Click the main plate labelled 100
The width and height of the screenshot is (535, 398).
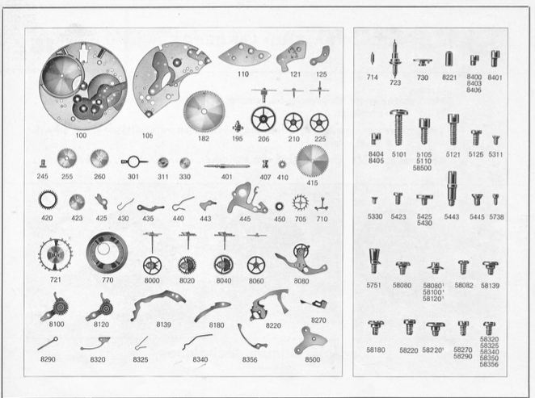coord(83,86)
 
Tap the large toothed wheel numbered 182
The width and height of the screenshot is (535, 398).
coord(204,111)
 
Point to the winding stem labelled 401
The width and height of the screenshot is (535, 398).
coord(227,166)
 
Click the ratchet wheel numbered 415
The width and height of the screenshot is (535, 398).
coord(312,161)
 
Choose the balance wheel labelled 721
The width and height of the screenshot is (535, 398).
coord(55,255)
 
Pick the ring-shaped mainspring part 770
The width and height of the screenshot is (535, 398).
coord(107,253)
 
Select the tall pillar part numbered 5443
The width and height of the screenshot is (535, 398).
coord(452,188)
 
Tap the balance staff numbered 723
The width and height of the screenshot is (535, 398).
coord(394,58)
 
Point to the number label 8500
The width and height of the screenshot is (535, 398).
coord(313,359)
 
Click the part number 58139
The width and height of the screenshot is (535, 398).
coord(490,286)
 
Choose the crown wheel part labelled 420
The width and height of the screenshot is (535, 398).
coord(48,199)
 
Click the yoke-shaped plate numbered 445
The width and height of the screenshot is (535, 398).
coord(246,199)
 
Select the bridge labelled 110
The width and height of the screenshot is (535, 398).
coord(244,56)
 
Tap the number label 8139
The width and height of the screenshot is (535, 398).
coord(163,325)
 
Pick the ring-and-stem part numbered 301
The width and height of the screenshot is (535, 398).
coord(133,161)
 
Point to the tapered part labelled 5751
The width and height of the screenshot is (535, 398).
coord(374,261)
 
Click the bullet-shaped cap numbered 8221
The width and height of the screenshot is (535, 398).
coord(449,59)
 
